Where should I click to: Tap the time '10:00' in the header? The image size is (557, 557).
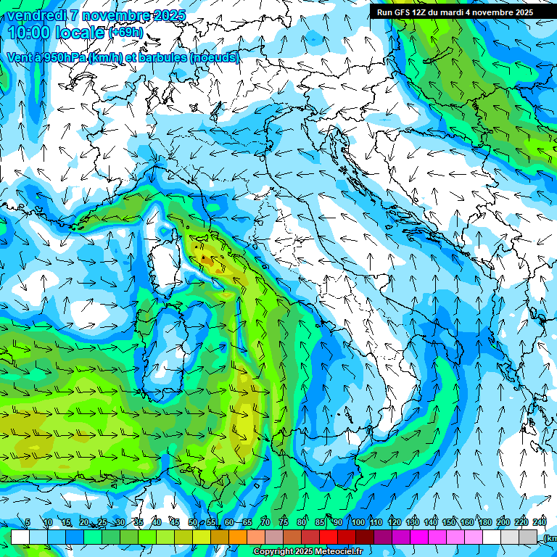(x=33, y=33)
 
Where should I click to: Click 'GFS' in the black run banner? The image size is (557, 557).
(x=401, y=12)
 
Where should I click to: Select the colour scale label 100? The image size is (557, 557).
(x=358, y=522)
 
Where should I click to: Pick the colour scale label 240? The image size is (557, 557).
(x=539, y=522)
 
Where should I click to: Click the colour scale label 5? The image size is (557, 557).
(x=27, y=522)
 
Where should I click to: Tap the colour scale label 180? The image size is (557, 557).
(x=483, y=522)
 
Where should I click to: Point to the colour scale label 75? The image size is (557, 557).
(x=283, y=522)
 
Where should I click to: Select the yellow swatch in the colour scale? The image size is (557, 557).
(x=202, y=537)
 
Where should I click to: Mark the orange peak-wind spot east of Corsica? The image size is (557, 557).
(x=205, y=257)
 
